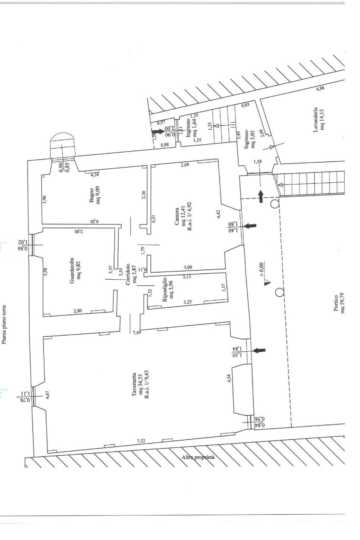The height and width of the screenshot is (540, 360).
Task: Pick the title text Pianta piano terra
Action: pyautogui.click(x=4, y=324)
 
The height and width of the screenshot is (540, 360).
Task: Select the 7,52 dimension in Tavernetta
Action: pyautogui.click(x=141, y=441)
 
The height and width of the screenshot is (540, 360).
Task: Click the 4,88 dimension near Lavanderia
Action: pyautogui.click(x=320, y=89)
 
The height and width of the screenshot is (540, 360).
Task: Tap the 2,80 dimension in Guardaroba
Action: pyautogui.click(x=78, y=310)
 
